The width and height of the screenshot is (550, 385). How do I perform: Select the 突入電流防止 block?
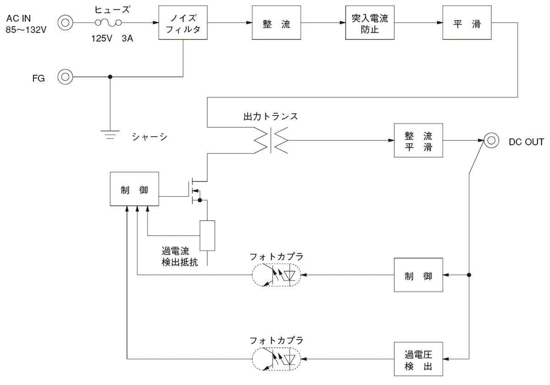click(x=370, y=23)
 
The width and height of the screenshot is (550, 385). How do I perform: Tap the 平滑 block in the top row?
click(x=467, y=23)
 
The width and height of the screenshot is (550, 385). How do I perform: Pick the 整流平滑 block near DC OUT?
click(x=418, y=140)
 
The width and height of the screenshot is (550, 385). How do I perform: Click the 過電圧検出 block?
click(x=418, y=359)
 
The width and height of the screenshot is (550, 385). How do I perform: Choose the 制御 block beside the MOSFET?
click(x=134, y=189)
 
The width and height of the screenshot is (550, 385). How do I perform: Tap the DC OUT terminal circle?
click(x=491, y=140)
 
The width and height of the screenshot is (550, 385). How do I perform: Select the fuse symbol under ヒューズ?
click(x=108, y=22)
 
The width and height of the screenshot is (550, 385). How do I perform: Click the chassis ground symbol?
click(x=110, y=134)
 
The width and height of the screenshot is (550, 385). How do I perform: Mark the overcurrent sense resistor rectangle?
click(x=207, y=236)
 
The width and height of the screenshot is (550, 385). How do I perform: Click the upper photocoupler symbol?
click(x=276, y=275)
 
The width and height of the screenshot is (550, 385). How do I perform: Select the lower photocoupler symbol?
click(x=276, y=359)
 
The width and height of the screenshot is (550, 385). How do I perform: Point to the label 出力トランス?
click(x=270, y=116)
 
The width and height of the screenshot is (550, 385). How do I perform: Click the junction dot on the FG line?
click(x=110, y=77)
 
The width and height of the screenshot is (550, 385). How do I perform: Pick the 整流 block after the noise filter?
click(x=276, y=23)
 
